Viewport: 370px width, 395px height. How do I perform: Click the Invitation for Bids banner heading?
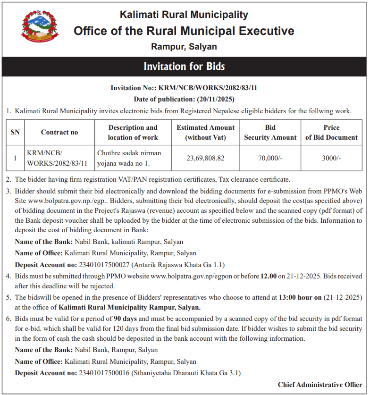pyautogui.click(x=184, y=66)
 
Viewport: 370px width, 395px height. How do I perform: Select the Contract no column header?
pyautogui.click(x=59, y=133)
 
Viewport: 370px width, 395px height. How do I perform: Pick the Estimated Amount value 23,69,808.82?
pyautogui.click(x=205, y=158)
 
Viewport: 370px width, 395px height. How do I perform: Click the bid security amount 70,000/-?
pyautogui.click(x=270, y=158)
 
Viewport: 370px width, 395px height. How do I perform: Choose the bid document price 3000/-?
pyautogui.click(x=331, y=158)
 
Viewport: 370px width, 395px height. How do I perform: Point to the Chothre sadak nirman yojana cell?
pyautogui.click(x=129, y=158)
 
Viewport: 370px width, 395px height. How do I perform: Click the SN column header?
pyautogui.click(x=15, y=133)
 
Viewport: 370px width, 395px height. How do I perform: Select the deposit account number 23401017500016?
pyautogui.click(x=104, y=373)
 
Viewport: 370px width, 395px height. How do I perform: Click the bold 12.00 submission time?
pyautogui.click(x=268, y=276)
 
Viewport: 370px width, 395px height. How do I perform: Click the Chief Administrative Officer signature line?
pyautogui.click(x=320, y=385)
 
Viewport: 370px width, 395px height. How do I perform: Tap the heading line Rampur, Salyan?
pyautogui.click(x=184, y=47)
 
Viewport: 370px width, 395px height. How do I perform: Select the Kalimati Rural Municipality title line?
pyautogui.click(x=184, y=15)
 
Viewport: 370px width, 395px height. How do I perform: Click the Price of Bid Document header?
pyautogui.click(x=331, y=133)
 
